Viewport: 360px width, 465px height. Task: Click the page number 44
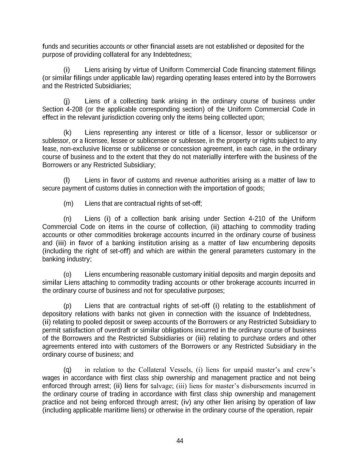180,441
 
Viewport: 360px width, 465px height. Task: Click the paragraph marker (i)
67,70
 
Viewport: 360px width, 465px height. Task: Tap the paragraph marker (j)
67,101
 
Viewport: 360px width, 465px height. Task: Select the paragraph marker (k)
67,133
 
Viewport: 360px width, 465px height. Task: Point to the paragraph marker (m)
69,204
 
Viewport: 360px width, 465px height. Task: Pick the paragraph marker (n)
67,219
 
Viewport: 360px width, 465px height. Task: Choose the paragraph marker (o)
67,275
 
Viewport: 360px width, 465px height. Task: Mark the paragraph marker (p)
67,306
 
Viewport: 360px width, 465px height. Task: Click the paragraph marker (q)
67,370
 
